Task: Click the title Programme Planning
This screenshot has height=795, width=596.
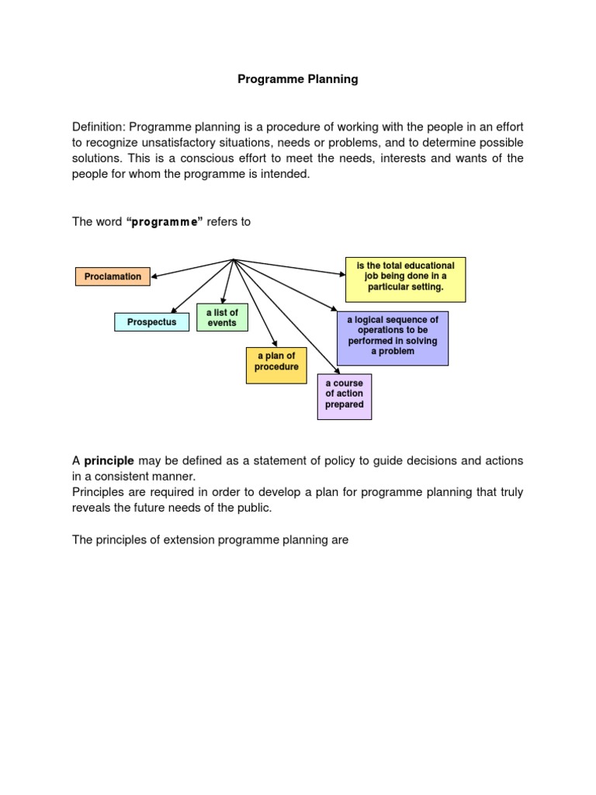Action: tap(297, 79)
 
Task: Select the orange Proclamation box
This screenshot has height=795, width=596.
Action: tap(113, 276)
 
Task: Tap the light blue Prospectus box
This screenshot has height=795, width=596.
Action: tap(151, 321)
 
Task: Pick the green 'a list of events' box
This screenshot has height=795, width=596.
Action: tap(222, 318)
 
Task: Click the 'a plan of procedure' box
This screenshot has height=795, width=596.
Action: tap(276, 361)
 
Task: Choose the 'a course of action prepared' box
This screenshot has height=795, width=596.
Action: tap(345, 394)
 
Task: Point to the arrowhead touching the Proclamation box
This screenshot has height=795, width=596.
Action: tap(154, 276)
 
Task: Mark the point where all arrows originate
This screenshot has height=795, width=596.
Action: tap(234, 259)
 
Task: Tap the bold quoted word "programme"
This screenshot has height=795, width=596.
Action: tap(164, 222)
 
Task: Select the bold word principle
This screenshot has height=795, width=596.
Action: tap(109, 460)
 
